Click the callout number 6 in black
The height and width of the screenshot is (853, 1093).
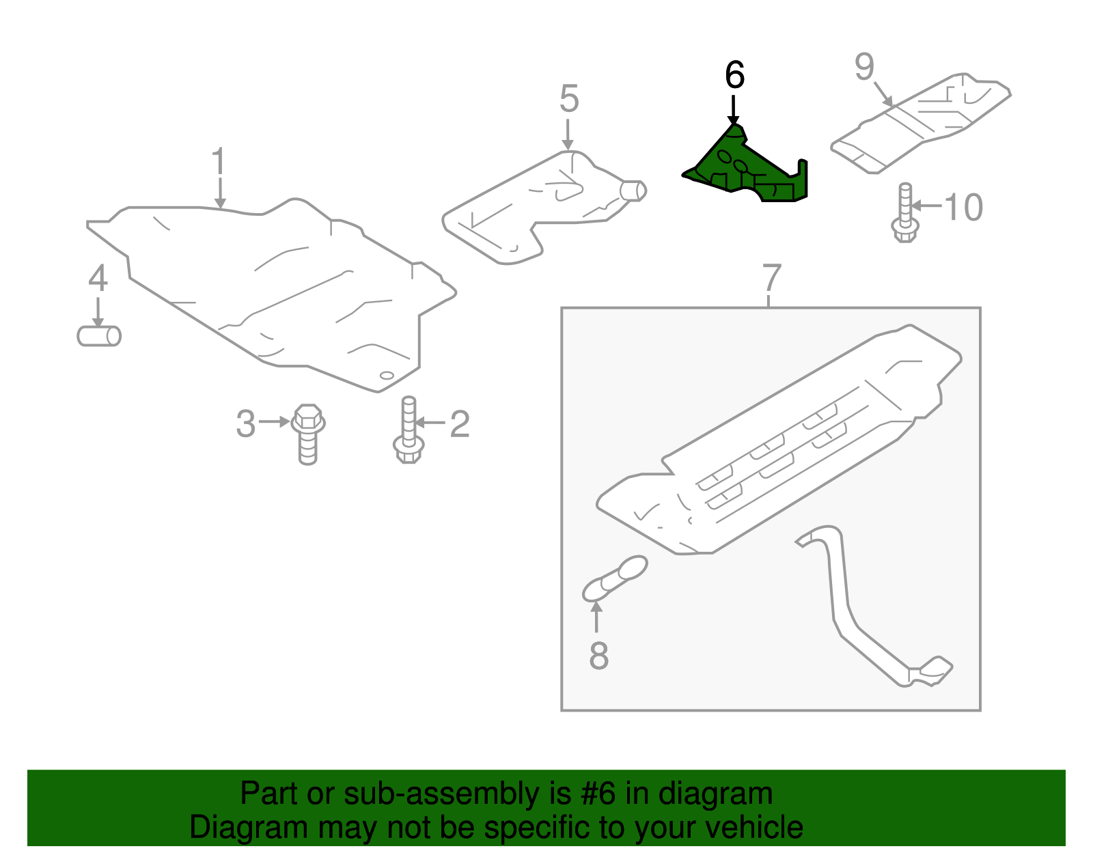(x=734, y=75)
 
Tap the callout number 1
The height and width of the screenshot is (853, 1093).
(x=218, y=163)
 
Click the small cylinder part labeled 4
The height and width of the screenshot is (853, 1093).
(x=99, y=336)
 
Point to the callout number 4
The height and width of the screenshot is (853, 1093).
(x=98, y=279)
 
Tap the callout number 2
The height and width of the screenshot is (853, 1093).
(x=459, y=424)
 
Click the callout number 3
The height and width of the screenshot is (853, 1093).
(x=246, y=424)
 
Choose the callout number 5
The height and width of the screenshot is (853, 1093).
(x=568, y=99)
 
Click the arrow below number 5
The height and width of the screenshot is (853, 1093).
(x=568, y=134)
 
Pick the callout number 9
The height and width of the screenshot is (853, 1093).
(x=864, y=67)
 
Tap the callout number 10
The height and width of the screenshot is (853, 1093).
(x=964, y=207)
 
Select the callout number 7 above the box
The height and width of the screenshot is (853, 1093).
(x=771, y=278)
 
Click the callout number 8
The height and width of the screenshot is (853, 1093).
(x=598, y=656)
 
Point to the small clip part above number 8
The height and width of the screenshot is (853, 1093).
(x=615, y=578)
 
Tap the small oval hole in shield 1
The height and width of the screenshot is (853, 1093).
(x=386, y=375)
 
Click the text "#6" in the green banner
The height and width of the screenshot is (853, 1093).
(x=598, y=794)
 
